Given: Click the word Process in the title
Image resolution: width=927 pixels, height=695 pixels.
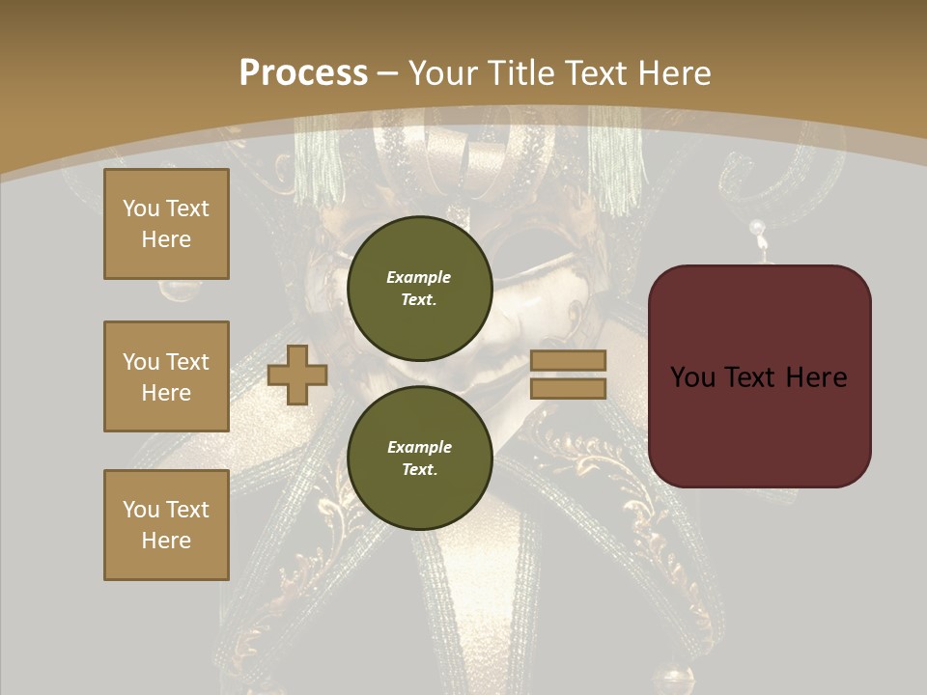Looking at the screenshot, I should [303, 73].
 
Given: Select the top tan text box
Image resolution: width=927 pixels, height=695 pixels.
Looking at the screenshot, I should [166, 224].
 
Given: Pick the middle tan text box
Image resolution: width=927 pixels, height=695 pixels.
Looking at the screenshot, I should [166, 376].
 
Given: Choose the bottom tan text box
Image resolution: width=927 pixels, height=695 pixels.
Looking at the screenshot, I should [166, 525].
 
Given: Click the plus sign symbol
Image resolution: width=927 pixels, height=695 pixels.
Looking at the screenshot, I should [297, 375].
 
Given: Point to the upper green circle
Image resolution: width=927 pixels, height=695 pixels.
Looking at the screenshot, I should [419, 288].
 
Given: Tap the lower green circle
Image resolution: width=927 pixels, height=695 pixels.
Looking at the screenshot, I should [419, 458].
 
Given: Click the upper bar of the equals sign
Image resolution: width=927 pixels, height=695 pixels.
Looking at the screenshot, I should [568, 361].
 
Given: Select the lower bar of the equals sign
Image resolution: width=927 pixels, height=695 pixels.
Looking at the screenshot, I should [568, 388].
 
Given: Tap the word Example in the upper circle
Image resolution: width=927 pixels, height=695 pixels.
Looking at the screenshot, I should [419, 277].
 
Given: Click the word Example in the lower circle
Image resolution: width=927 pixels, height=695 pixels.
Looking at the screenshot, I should [419, 447].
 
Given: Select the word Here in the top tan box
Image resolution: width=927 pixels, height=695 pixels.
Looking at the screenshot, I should [166, 239].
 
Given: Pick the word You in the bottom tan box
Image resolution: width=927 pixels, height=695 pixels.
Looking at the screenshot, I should [141, 510].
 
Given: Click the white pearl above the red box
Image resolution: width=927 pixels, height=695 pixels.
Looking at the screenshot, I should [758, 229].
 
